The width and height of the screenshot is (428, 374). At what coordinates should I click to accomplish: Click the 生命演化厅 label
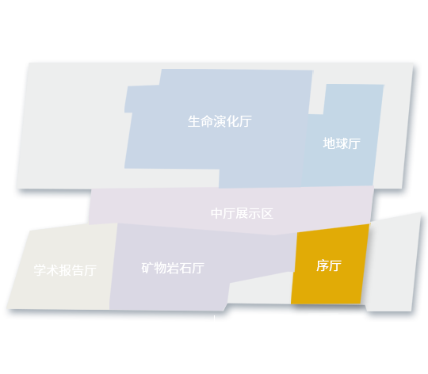pyautogui.click(x=220, y=121)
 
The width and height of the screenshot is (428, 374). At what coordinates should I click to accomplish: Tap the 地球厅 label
pyautogui.click(x=342, y=143)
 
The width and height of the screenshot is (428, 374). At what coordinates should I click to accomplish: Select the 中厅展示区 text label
pyautogui.click(x=242, y=213)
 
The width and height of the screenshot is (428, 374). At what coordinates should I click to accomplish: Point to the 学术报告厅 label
pyautogui.click(x=65, y=270)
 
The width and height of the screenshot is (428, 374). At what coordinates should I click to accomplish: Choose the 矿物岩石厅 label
pyautogui.click(x=173, y=268)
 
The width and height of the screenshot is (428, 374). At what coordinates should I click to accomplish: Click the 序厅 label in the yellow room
pyautogui.click(x=329, y=265)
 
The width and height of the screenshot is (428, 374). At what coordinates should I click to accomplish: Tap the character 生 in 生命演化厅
pyautogui.click(x=194, y=121)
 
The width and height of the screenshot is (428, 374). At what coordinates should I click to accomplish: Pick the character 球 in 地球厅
pyautogui.click(x=342, y=143)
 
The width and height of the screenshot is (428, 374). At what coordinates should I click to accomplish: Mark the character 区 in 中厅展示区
pyautogui.click(x=267, y=213)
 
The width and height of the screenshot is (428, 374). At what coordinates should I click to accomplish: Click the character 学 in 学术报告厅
pyautogui.click(x=40, y=270)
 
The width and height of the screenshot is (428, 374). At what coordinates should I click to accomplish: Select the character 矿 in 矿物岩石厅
pyautogui.click(x=147, y=268)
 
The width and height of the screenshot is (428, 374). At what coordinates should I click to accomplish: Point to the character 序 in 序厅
pyautogui.click(x=323, y=265)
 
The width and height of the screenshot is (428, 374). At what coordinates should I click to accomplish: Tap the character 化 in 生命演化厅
pyautogui.click(x=232, y=121)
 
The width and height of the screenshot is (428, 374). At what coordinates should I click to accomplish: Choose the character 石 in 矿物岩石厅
pyautogui.click(x=185, y=268)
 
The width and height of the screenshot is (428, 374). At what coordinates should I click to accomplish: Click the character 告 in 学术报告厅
pyautogui.click(x=78, y=270)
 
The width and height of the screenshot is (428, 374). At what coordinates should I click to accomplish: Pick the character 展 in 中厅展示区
pyautogui.click(x=242, y=213)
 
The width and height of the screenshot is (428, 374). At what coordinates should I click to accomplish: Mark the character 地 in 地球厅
pyautogui.click(x=329, y=143)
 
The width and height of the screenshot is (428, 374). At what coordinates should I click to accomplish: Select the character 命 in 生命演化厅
pyautogui.click(x=207, y=121)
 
